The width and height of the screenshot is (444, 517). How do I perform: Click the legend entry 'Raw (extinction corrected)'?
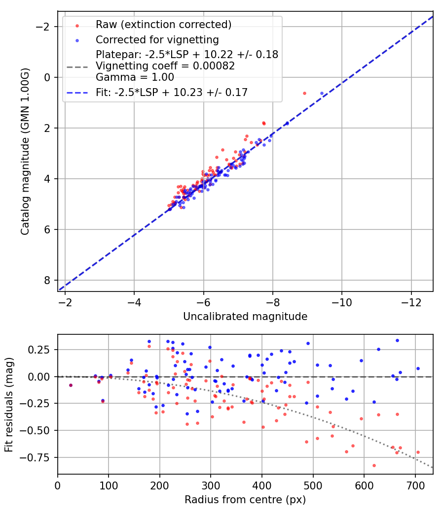pos(164,25)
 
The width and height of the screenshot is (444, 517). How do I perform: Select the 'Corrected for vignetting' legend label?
pos(157,39)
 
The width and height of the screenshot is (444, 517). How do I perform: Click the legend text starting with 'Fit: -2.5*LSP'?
pos(172,92)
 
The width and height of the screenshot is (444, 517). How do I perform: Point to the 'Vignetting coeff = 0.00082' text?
pos(165,65)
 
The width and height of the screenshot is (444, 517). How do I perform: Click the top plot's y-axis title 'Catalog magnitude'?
pos(25,152)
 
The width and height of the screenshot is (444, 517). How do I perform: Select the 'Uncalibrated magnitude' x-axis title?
pos(245,317)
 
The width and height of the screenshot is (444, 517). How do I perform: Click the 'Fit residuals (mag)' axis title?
pos(8,405)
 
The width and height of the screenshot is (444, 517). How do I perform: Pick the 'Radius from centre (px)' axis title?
pos(245,500)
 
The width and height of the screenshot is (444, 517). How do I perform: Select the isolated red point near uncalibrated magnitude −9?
pos(304,93)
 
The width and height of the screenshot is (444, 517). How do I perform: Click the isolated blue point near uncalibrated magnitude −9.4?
pos(322,93)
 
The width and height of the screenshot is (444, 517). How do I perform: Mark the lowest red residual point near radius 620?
pos(374,465)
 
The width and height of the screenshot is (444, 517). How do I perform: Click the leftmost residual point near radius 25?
pos(71,385)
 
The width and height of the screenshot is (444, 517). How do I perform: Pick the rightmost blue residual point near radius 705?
pos(418,368)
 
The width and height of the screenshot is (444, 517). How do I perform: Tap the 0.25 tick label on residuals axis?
pos(42,350)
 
